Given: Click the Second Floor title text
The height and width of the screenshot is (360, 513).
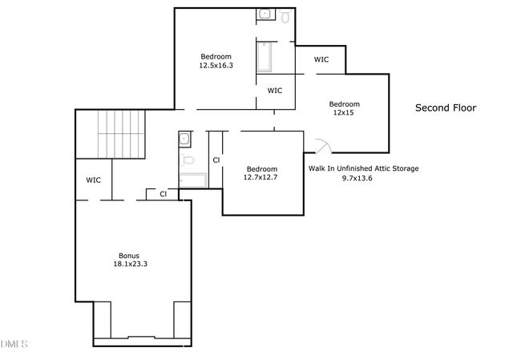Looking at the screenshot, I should coord(446,107).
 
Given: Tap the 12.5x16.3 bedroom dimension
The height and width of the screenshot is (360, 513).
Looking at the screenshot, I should coord(216,66).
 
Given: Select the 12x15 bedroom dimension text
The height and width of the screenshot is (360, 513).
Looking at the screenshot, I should coord(344,113).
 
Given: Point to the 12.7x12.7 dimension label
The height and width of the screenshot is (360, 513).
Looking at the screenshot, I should coord(261,177).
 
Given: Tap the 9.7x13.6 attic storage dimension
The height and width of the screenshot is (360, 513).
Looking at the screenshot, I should coord(357,178).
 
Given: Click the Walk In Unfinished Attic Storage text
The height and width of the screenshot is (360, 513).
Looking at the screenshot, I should coord(364,168).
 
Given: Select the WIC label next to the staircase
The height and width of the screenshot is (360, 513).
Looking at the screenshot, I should coord(93,180).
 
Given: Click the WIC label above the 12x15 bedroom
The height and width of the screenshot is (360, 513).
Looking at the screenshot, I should coord(321,59).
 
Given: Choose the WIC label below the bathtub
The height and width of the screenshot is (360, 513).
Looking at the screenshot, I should coord(275,90).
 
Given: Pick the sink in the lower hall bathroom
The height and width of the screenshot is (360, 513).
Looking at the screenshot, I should coord(185,139).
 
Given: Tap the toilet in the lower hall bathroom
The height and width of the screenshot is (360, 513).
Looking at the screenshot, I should coord(189,160).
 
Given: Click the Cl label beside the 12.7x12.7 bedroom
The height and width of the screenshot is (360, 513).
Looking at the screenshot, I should coord(216,160).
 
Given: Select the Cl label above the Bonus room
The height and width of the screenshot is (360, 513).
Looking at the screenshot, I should coord(163,193).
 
